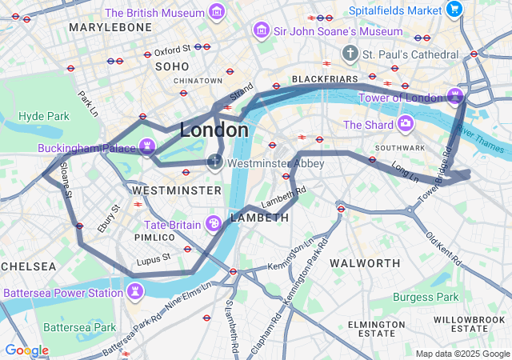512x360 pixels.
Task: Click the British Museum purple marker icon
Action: pos(216,12)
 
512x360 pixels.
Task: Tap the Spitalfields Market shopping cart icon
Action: pos(454,10)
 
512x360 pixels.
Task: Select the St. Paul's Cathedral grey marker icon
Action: pos(349,54)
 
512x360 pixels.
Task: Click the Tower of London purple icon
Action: pos(455,97)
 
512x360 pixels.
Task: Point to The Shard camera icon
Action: pos(406,124)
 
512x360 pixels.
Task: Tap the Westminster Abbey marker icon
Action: pos(214,162)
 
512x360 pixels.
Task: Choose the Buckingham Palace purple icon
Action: pos(147,147)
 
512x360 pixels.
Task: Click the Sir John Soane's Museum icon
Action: pos(260,30)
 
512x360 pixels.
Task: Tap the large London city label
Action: pos(214,130)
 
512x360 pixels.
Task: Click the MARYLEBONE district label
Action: pos(110,27)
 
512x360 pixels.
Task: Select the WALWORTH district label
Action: pos(365,263)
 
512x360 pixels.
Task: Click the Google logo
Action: pos(26,350)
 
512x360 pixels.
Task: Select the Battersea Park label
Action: pos(80,327)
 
